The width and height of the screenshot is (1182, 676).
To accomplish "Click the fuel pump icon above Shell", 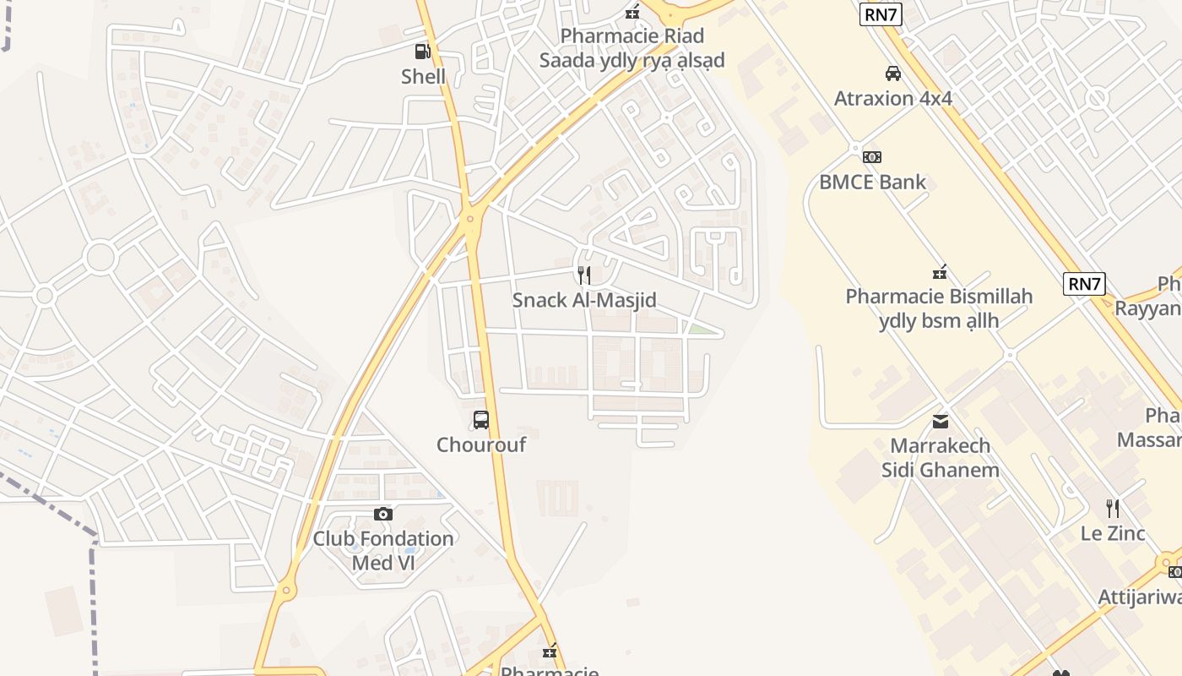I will pos(422,52).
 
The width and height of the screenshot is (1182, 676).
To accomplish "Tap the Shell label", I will pos(423,77).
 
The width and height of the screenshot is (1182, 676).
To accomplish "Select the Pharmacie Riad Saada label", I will pos(632,48).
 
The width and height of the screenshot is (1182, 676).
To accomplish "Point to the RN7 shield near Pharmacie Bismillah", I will pos(1084,284).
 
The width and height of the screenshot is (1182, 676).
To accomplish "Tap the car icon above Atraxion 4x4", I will pos(892,74).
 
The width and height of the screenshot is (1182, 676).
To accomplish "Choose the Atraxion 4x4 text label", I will pos(892,98).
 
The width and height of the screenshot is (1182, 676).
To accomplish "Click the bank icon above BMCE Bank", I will pos(872,156).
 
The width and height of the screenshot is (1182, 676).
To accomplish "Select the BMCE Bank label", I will pos(872,182).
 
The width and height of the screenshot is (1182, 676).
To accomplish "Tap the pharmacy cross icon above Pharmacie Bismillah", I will pos(939,272).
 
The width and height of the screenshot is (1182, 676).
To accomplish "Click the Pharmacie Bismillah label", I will pos(939,308).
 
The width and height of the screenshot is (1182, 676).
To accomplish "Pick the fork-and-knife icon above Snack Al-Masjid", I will pos(583,275).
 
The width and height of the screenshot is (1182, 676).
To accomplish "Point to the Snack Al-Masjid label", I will pos(583,300).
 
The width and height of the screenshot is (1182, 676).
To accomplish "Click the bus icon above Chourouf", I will pos(481,419).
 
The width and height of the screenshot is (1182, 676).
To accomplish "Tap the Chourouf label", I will pos(481,444).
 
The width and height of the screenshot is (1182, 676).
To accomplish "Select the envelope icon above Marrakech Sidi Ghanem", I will pos(940,421).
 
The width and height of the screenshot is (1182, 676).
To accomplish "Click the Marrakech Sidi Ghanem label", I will pos(940,457).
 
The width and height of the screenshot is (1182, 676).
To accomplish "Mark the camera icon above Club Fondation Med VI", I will pos(383,514).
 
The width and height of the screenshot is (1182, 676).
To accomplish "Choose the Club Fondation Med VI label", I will pos(383,550).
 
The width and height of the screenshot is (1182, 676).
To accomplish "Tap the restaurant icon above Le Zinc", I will pos(1113,509).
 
